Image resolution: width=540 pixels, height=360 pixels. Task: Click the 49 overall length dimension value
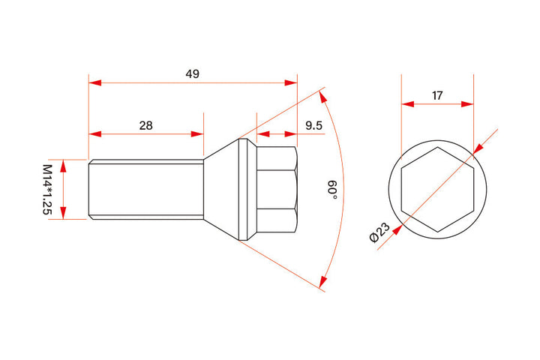point(193,73)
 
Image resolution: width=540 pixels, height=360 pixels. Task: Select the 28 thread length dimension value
point(145,125)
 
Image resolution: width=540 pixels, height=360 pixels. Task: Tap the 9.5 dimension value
point(313,125)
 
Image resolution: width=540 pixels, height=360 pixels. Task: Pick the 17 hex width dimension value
point(437,95)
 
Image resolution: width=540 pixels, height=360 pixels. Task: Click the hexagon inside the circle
point(437,189)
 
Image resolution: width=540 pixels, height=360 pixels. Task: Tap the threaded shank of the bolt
point(145,189)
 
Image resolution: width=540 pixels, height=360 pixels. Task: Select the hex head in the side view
point(276,189)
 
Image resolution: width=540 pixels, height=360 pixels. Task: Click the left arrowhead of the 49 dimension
point(94,83)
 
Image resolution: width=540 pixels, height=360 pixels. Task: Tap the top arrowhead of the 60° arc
point(323,94)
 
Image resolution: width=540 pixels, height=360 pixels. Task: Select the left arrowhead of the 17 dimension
point(406,104)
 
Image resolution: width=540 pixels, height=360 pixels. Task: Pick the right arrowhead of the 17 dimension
point(469,104)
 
